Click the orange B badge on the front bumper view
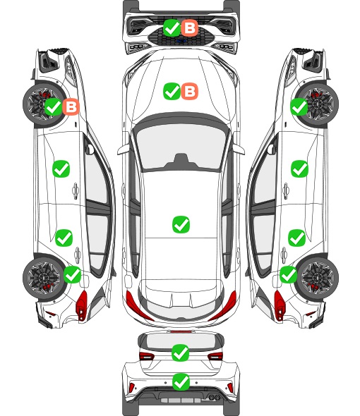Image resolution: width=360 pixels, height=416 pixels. pos(190,27)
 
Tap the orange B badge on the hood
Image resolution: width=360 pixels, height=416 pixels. pos(190,91)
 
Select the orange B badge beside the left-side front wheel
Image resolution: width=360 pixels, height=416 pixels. pos(71,107)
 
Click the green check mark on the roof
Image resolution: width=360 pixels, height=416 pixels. pos(181,225)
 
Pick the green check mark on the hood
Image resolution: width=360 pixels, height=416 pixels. pos(172,91)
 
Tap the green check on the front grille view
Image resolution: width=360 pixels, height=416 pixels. pos(172,27)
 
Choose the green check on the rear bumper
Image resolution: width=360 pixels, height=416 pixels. pos(181,382)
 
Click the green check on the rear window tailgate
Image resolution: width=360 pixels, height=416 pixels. pos(181,353)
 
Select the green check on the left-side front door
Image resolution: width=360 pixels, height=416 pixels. pos(61,169)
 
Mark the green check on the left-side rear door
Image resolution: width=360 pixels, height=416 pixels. pos(64,238)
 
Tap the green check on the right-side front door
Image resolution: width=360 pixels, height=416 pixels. pos(300,169)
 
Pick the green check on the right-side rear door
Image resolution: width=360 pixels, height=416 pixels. pos(297,238)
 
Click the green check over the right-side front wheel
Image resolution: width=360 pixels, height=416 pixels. pos(299,107)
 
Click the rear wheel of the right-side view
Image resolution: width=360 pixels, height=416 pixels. pos(318,278)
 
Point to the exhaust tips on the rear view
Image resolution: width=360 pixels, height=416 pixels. pos(215,398)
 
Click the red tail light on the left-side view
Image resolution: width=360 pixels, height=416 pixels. pos(82,305)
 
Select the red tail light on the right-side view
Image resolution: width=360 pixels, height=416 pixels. pos(280,305)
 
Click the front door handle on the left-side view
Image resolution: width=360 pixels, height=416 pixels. pos(76,190)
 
